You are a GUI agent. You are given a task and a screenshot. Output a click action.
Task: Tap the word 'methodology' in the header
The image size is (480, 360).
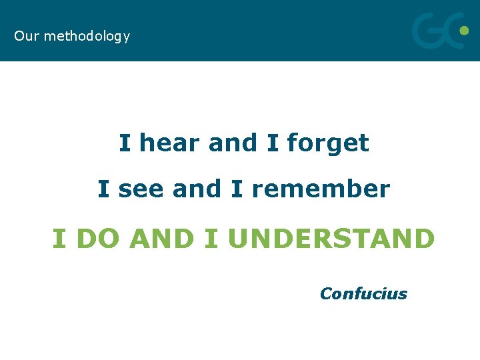(x=87, y=37)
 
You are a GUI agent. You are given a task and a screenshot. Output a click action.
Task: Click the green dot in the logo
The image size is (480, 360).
(x=464, y=30)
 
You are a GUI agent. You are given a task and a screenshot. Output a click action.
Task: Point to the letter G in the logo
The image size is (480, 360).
(x=427, y=32)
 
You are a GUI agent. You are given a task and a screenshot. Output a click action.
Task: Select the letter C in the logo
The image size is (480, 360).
(x=450, y=32)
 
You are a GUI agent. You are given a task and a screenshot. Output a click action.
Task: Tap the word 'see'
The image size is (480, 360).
(x=141, y=189)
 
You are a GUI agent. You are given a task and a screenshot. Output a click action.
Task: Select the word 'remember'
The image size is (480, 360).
(x=320, y=189)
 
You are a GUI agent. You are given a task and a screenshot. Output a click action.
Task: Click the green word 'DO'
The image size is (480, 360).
(x=99, y=238)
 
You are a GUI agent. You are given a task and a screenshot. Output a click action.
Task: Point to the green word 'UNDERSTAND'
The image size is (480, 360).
(x=331, y=238)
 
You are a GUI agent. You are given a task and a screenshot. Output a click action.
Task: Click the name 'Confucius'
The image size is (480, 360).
(x=363, y=293)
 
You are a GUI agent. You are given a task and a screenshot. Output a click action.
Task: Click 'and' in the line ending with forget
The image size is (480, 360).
(x=232, y=143)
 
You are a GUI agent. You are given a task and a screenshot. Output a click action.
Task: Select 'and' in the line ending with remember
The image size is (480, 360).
(x=196, y=189)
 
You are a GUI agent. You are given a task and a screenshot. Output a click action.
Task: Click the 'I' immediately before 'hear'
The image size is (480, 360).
(x=125, y=143)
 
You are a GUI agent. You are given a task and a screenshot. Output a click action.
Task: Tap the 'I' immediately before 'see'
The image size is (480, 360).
(x=103, y=189)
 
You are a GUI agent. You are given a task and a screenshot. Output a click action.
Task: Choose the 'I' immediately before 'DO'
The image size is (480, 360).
(x=59, y=238)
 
